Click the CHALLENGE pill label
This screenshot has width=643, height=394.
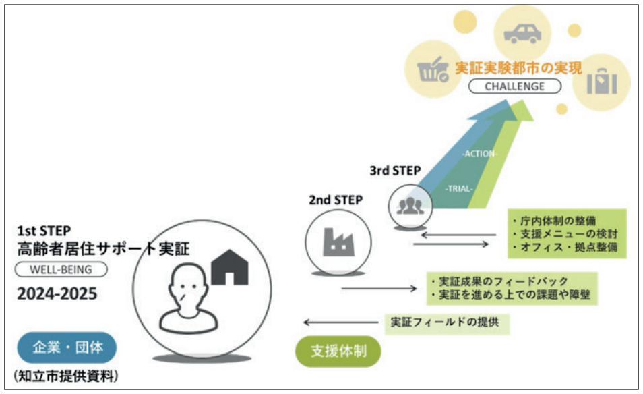coord(514,86)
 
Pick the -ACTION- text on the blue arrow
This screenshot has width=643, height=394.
coord(480,153)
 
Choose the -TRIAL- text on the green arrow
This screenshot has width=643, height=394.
coord(458,190)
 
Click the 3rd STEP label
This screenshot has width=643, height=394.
coord(394,170)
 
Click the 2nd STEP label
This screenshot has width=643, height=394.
coord(334,200)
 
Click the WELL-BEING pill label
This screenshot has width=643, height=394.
coord(62,270)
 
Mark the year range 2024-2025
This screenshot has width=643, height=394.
coord(57,295)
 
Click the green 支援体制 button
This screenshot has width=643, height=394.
coord(338,351)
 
